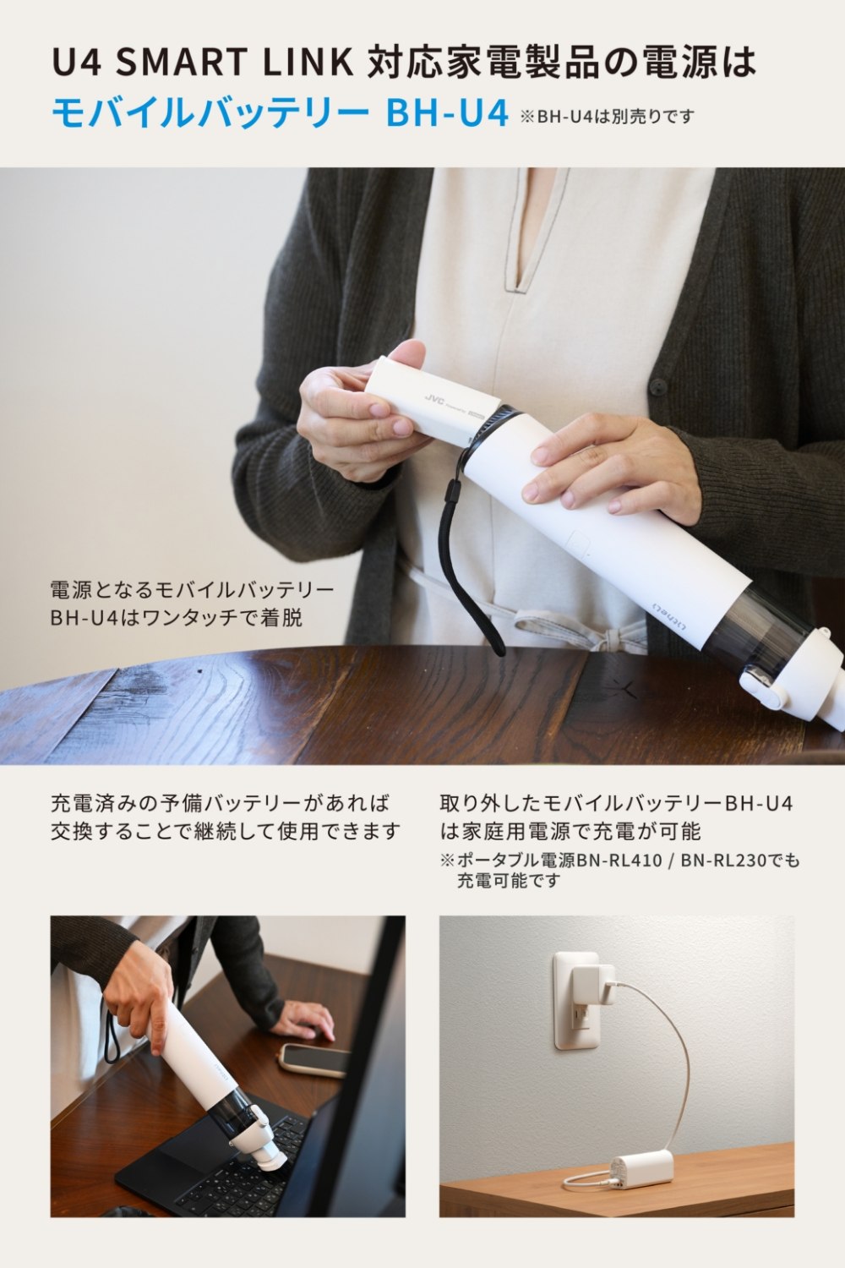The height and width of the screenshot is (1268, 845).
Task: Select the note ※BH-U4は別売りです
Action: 607,117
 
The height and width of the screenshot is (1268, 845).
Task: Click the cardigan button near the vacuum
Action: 658,388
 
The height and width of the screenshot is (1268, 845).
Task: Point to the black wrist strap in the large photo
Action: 466,560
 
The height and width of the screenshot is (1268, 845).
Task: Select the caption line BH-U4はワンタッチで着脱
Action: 176,618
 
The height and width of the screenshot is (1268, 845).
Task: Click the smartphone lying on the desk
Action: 314,1059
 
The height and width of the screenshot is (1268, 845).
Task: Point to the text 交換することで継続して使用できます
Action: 226,832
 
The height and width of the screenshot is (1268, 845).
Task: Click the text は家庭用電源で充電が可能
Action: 570,832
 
